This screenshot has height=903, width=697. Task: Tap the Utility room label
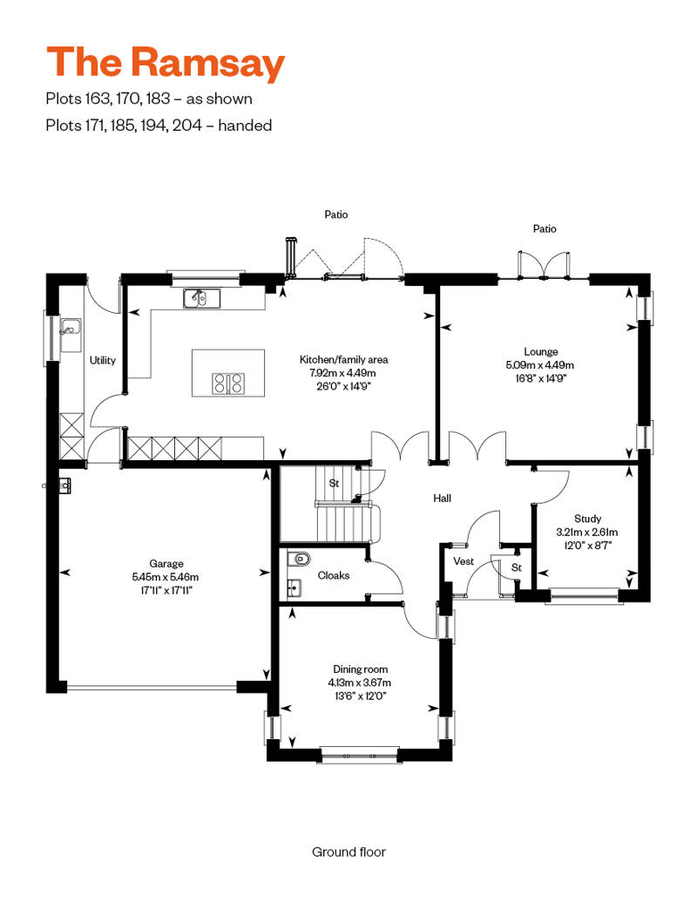coord(103,361)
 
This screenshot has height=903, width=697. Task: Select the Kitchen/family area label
coord(343,359)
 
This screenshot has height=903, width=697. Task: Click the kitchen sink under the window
coord(202,298)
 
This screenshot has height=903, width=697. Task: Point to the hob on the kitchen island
coord(228,384)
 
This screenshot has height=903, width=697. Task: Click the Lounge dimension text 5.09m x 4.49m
coord(540,365)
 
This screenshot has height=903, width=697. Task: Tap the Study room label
coord(587,519)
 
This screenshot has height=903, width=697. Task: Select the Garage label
coord(166,563)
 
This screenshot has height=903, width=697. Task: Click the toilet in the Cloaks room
coord(300,558)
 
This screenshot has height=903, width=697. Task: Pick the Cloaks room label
coord(333,575)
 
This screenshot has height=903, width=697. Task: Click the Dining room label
coord(361,669)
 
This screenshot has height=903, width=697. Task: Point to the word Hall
coord(442,499)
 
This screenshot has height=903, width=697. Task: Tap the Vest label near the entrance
coord(464,561)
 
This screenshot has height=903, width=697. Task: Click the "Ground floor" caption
coord(348,852)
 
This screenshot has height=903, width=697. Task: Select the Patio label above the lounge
coord(545,228)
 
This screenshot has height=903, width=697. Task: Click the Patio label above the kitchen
coord(336,214)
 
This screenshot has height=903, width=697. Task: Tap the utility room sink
coord(71,331)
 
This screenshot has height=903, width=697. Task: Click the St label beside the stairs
coord(334,483)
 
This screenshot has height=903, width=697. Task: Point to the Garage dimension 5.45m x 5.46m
coord(166,576)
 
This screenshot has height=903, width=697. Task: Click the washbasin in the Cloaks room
coord(294,588)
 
